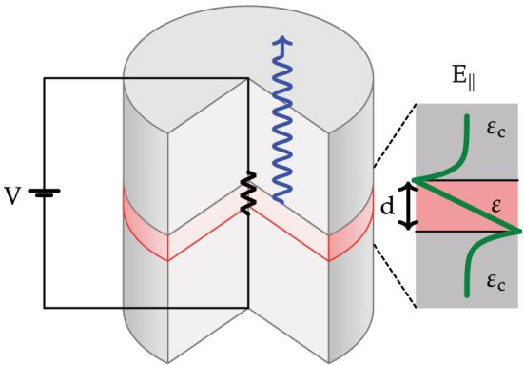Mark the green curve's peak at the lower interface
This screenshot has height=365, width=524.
coord(517,232)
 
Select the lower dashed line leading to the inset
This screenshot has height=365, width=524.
coord(392,276)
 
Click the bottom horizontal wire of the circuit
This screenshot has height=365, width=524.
coord(143,308)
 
